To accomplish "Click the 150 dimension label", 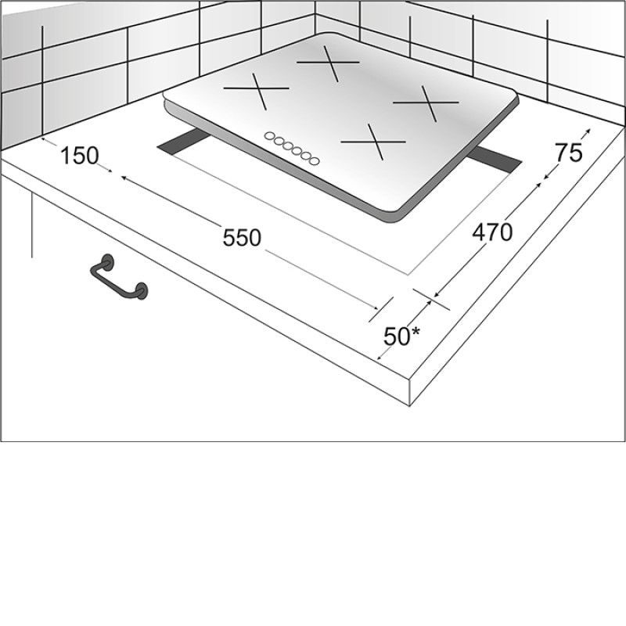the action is click(80, 156).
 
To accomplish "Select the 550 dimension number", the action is click(242, 238).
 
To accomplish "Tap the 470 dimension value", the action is click(492, 232).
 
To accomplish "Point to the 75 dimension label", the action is click(569, 153).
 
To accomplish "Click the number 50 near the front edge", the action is click(397, 336).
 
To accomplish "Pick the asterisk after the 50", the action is click(416, 332).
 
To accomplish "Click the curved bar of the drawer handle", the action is click(116, 279).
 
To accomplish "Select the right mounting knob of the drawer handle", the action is click(141, 290).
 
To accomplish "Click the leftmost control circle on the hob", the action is click(270, 136).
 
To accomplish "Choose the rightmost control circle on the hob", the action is click(315, 161).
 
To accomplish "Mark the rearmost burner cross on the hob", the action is click(329, 63).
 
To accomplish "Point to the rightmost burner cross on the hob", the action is click(426, 103).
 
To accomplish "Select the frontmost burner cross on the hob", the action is click(374, 142).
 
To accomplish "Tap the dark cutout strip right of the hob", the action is click(495, 159).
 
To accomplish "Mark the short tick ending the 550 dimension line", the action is click(381, 309).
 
